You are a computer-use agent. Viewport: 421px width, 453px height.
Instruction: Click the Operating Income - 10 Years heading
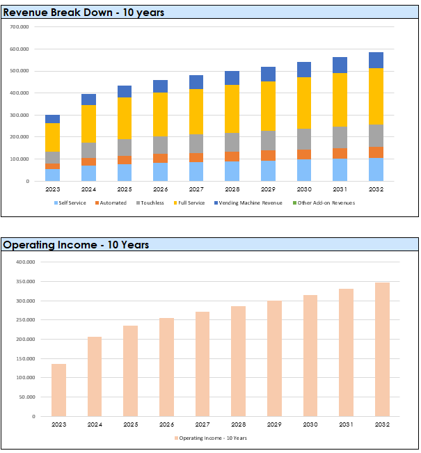[x=76, y=244]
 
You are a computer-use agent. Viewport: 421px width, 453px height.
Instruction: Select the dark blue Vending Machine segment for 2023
[x=53, y=119]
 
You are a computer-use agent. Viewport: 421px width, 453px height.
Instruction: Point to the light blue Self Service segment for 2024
[x=88, y=173]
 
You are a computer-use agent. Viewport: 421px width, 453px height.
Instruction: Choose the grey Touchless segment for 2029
[x=269, y=141]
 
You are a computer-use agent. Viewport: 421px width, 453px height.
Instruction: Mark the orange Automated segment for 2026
[x=161, y=158]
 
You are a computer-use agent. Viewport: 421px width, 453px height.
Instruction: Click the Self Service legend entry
[x=71, y=202]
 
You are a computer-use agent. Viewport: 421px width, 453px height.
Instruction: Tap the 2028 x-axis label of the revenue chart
[x=232, y=189]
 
